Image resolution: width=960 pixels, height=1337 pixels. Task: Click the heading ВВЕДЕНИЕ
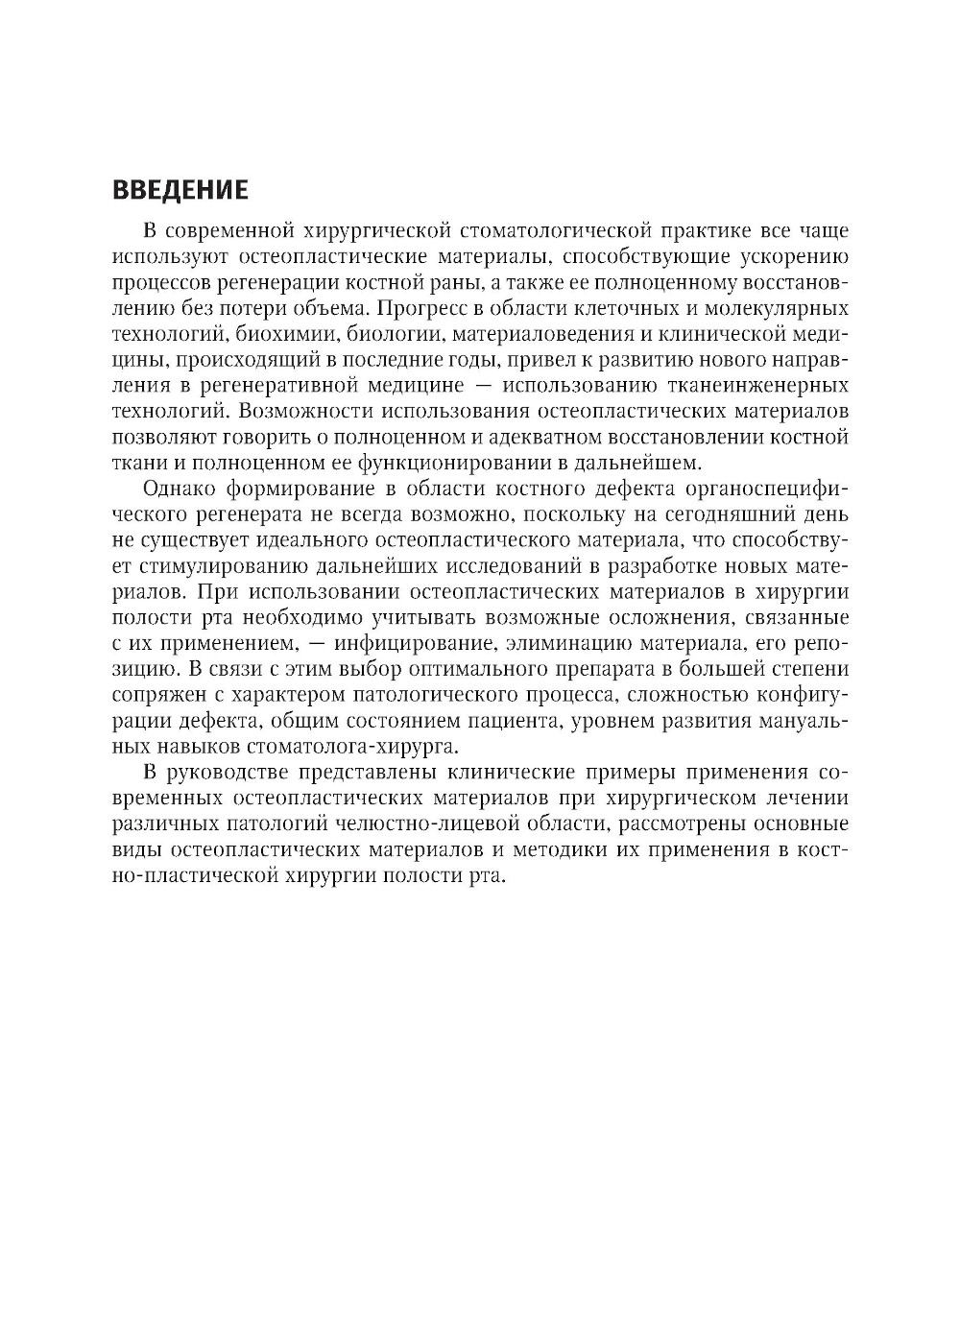tap(180, 190)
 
